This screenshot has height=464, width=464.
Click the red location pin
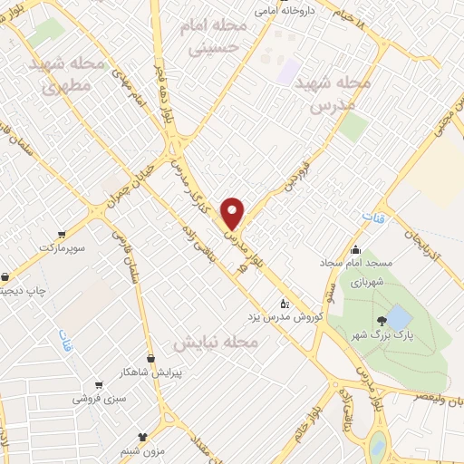click(233, 212)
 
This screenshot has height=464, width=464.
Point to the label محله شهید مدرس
click(342, 92)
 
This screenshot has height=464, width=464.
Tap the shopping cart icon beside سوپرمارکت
click(61, 232)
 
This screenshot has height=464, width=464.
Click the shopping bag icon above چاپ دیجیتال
click(6, 276)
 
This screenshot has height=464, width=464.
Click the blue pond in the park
click(397, 317)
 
